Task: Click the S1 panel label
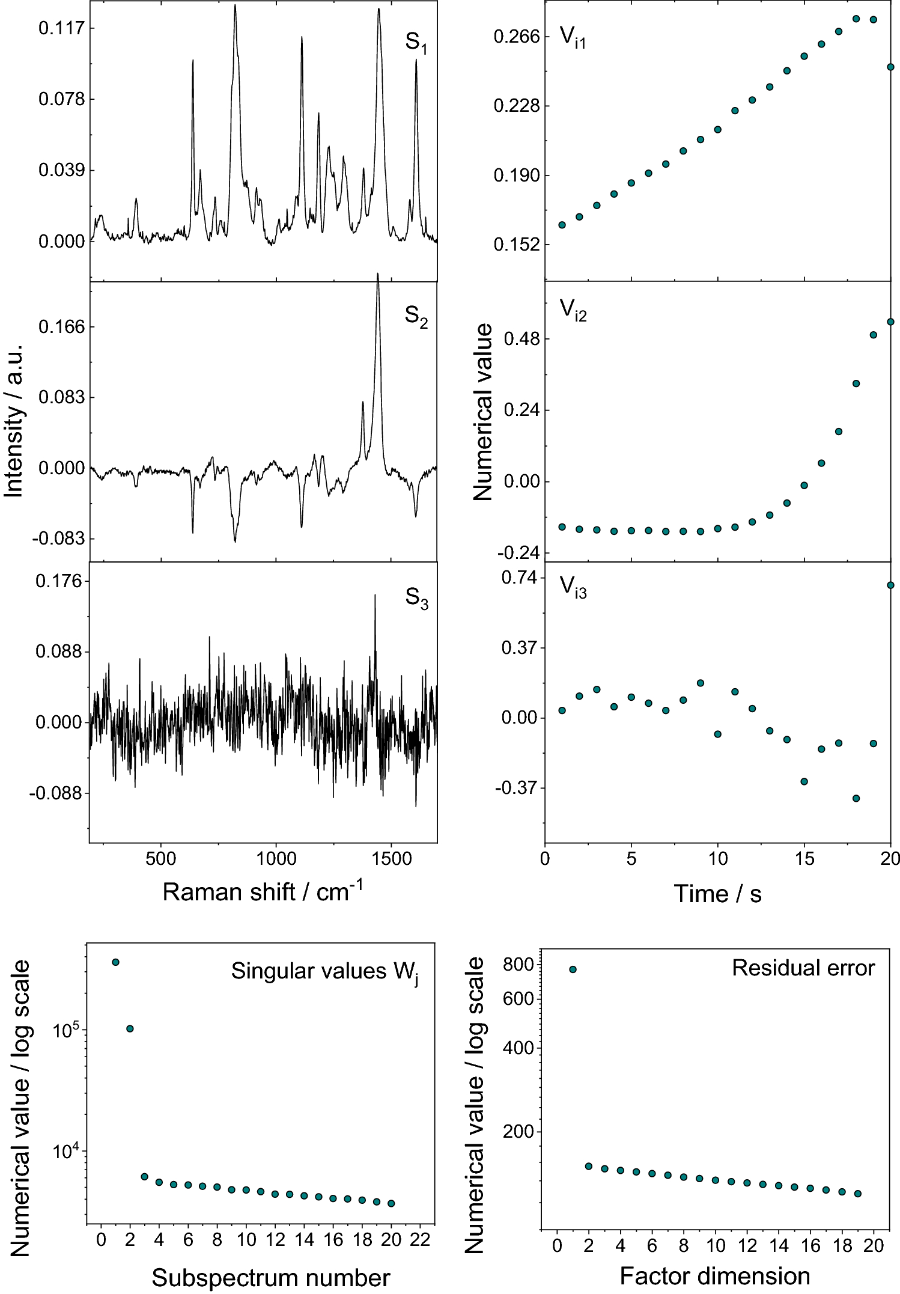416,43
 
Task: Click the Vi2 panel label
573,310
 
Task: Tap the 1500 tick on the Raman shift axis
392,858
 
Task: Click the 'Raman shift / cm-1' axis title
263,892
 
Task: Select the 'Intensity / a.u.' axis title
13,421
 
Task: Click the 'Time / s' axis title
717,894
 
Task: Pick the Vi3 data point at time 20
891,585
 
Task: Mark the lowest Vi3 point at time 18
856,798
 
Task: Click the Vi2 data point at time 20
891,322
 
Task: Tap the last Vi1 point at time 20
891,67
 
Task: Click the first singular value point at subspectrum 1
115,962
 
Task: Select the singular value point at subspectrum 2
130,1029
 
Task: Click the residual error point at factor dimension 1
573,969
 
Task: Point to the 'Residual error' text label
803,968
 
